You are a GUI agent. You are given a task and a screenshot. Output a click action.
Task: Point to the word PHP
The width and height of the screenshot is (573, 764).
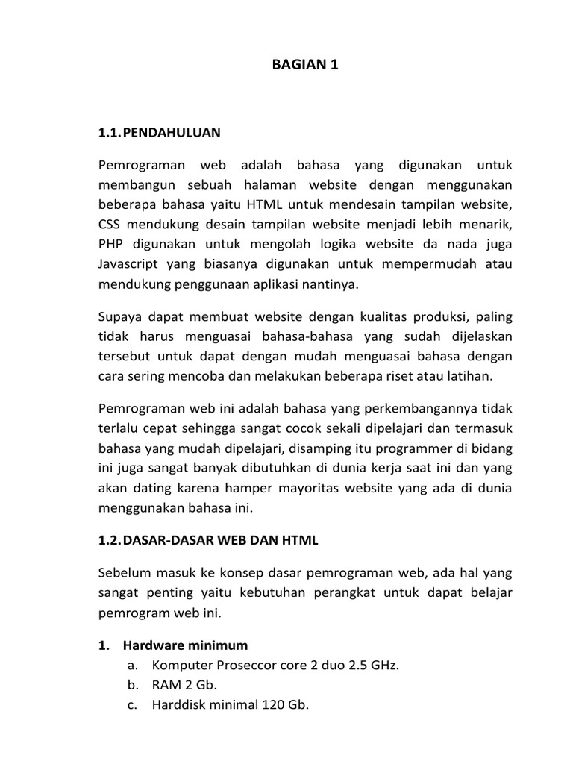pos(110,242)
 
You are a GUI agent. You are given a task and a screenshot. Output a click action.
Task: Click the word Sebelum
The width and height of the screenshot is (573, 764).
pos(122,572)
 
